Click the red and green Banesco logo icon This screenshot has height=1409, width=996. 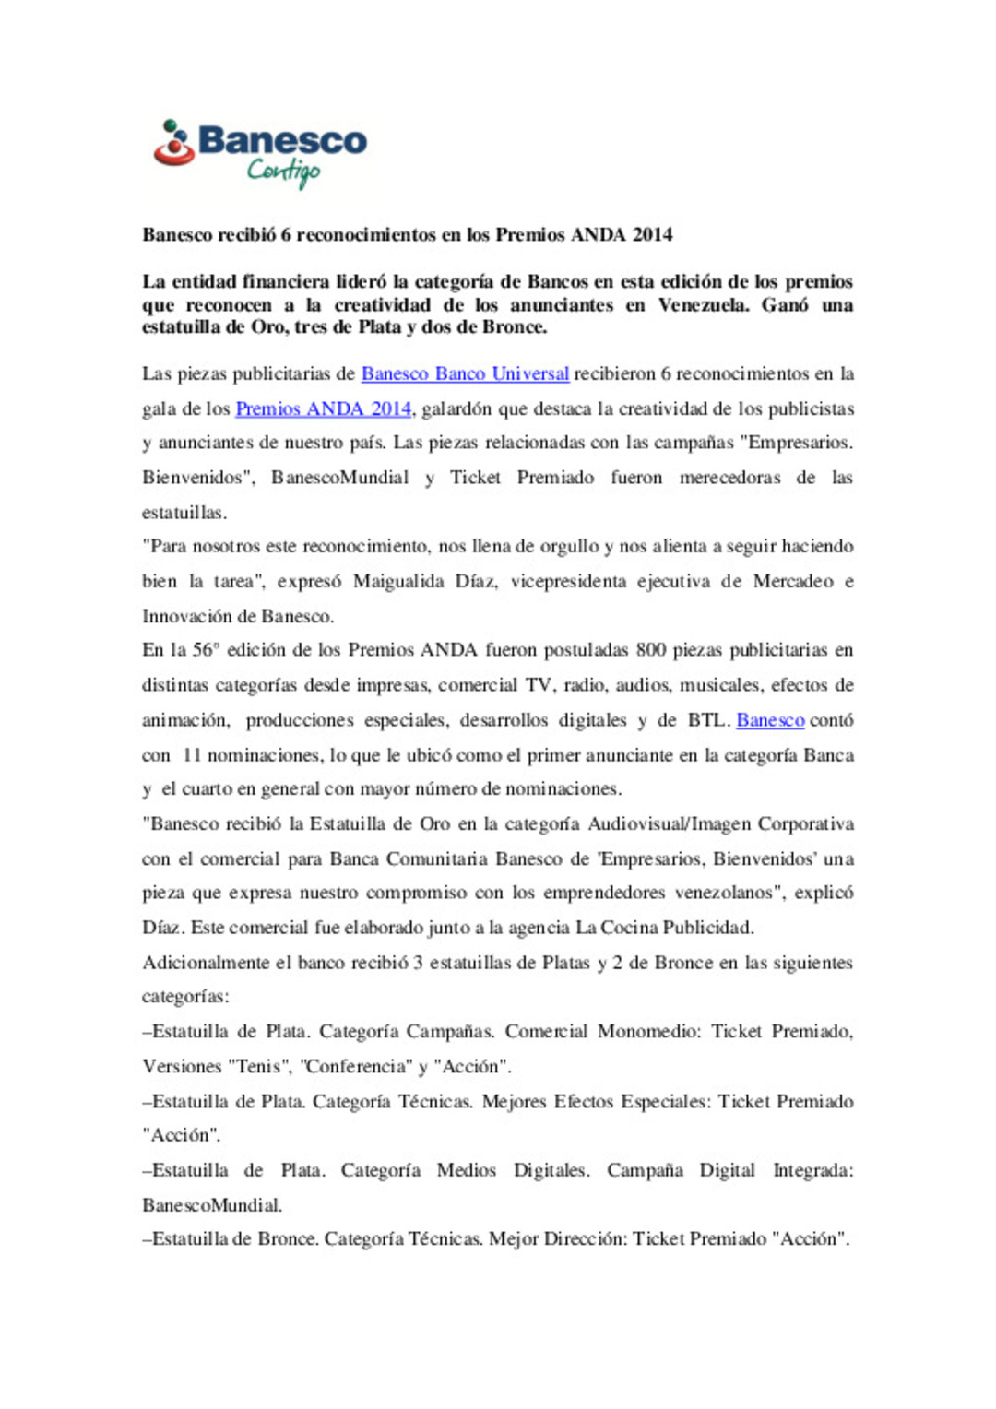click(x=173, y=144)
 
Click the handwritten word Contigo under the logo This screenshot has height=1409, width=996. click(x=283, y=171)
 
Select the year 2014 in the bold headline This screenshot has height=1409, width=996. click(x=652, y=234)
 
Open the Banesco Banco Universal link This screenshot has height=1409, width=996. click(x=465, y=373)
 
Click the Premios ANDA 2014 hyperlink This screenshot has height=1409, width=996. click(x=323, y=408)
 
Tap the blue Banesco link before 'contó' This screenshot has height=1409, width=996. click(x=770, y=720)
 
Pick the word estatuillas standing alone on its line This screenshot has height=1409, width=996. click(x=184, y=513)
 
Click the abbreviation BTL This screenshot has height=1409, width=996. click(x=706, y=720)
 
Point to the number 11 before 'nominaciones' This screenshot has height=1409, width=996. click(x=192, y=755)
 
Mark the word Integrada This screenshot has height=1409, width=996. click(x=812, y=1170)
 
